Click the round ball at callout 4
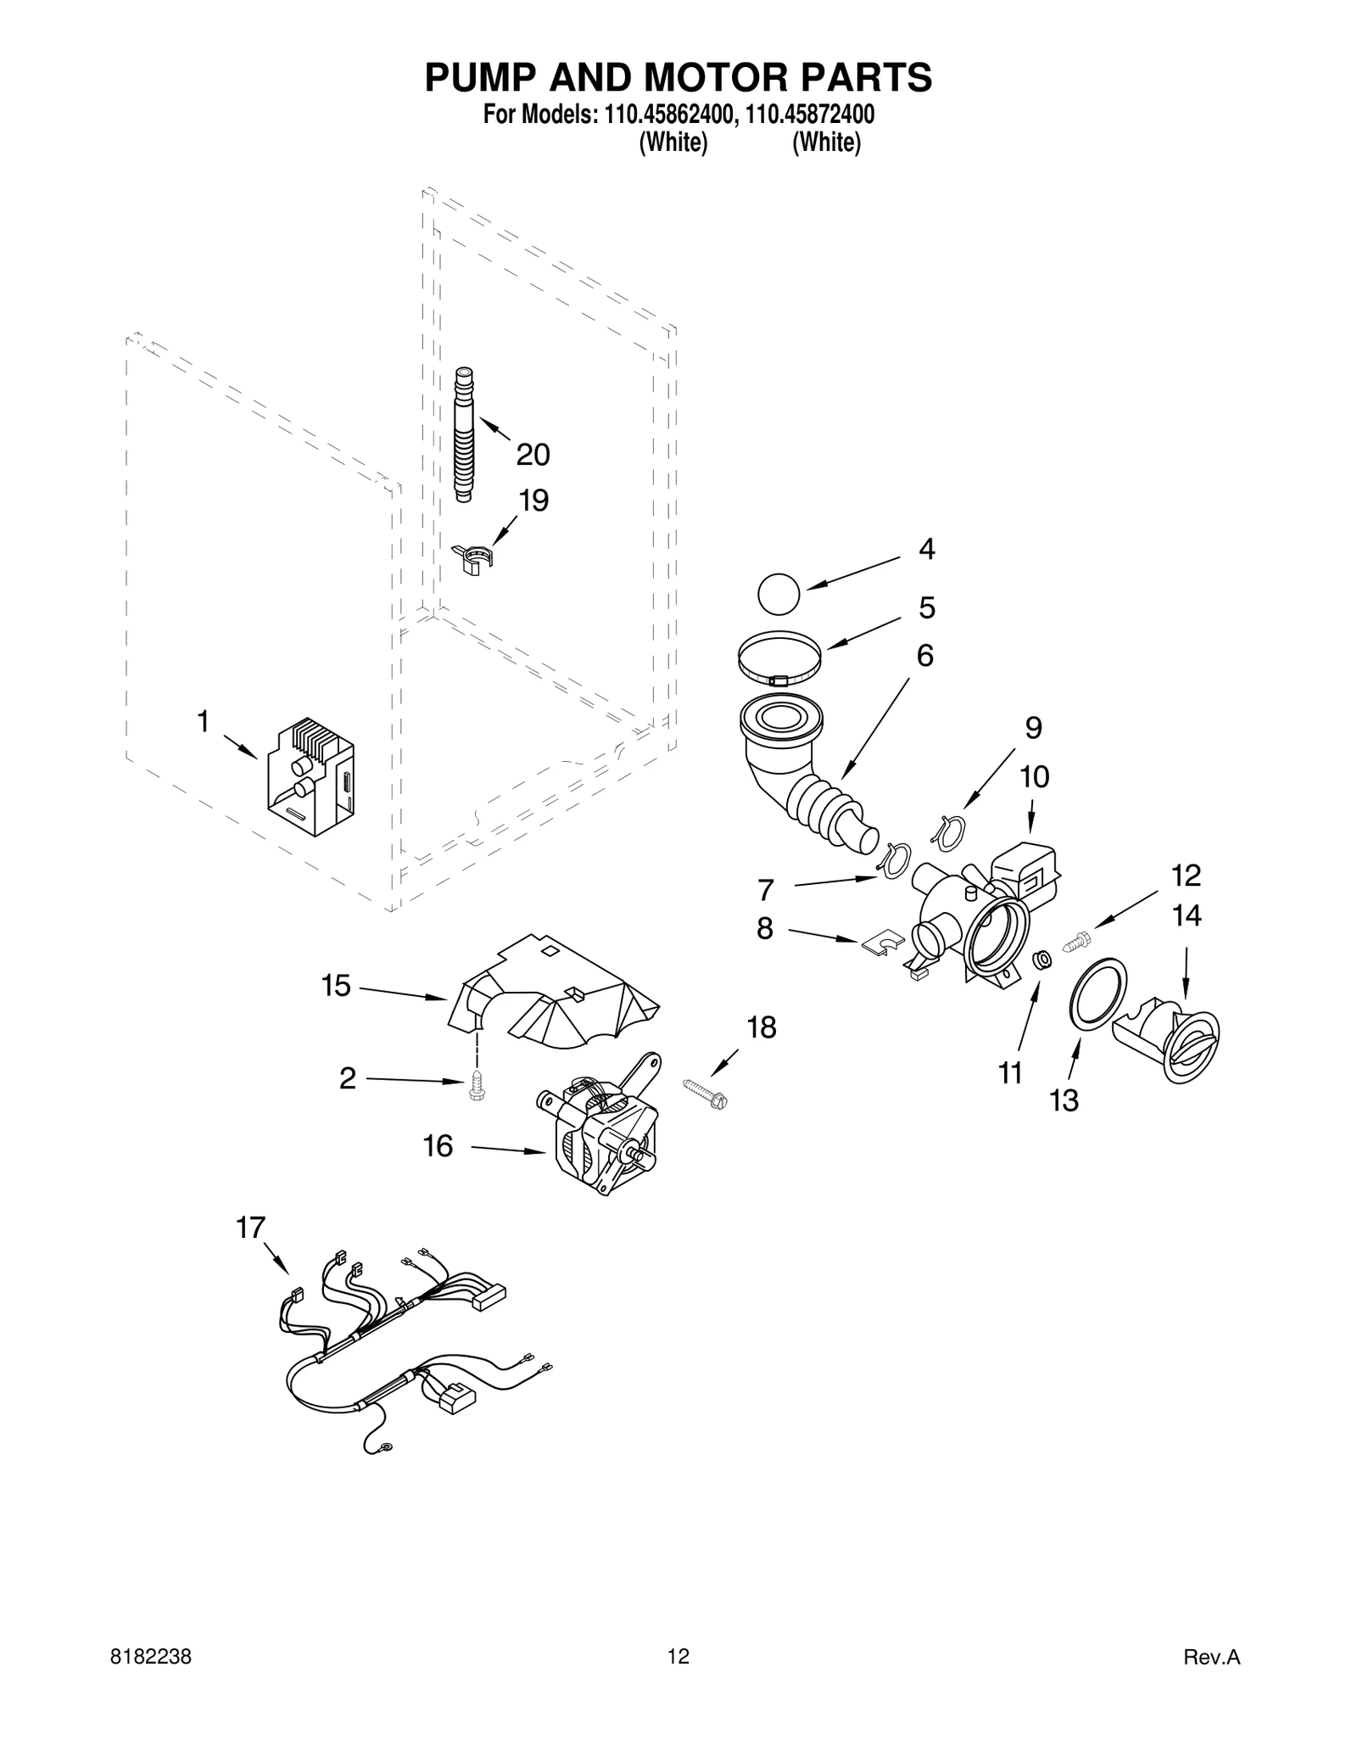[x=778, y=593]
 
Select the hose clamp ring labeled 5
[x=779, y=657]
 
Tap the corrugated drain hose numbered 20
[x=464, y=434]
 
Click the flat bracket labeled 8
[x=882, y=944]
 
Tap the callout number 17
[x=250, y=1227]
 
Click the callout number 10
[x=1034, y=776]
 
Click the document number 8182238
[x=151, y=1657]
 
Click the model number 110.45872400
[x=809, y=115]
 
